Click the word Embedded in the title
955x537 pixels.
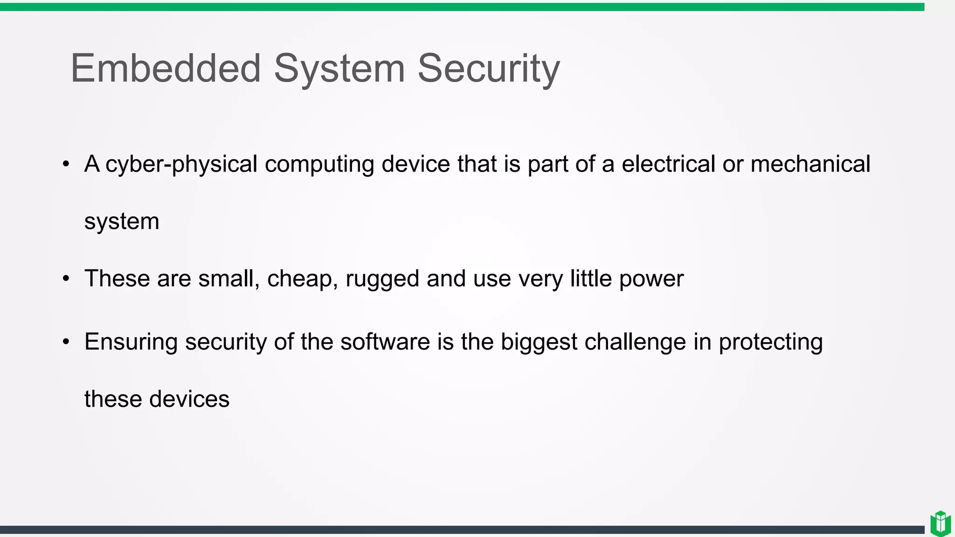[166, 69]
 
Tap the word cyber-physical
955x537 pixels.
[181, 165]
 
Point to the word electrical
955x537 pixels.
[668, 164]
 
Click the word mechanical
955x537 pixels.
[810, 164]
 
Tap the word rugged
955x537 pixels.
[382, 279]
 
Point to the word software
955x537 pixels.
[385, 342]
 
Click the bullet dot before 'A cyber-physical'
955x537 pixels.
[66, 164]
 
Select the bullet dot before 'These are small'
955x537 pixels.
[66, 279]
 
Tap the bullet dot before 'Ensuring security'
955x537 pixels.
[66, 342]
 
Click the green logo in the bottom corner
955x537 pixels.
[941, 523]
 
